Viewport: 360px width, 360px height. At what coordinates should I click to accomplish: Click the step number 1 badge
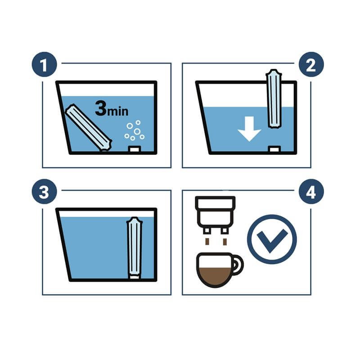coord(44,64)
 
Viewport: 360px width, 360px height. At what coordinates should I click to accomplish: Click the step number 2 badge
coord(311,64)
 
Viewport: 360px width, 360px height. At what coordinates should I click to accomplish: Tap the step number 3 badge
coord(44,192)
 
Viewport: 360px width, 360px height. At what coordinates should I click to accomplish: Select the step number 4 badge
coord(311,192)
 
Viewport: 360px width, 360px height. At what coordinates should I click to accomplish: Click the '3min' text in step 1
coord(112,108)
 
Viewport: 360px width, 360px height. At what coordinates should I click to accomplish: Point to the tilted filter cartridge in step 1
coord(88,128)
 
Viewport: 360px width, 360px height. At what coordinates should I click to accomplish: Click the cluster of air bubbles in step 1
coord(135,130)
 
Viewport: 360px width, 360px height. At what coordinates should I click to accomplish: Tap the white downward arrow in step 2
coord(249,129)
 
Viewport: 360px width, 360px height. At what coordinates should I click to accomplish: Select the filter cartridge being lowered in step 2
coord(274,99)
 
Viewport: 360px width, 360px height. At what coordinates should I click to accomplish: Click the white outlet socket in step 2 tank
coord(274,149)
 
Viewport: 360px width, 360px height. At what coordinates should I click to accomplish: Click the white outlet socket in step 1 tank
coord(135,149)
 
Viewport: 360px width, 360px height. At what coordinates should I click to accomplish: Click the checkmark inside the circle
coord(272,241)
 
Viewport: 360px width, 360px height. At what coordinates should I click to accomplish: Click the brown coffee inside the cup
coord(215,276)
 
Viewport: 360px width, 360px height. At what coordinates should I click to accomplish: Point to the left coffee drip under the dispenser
coord(207,242)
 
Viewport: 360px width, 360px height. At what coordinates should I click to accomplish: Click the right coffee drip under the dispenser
coord(225,242)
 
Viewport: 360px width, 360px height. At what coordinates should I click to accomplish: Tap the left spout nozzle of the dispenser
coord(207,230)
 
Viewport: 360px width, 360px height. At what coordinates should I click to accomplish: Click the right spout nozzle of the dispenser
coord(224,230)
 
